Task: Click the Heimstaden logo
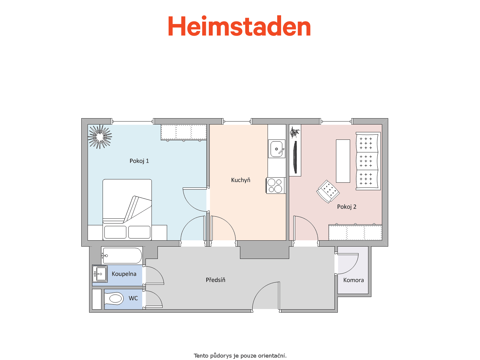point(239,26)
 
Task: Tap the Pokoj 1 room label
point(139,161)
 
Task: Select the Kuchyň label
point(241,180)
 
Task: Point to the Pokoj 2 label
point(346,207)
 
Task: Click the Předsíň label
point(215,280)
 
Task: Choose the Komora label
point(353,280)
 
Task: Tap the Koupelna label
point(124,274)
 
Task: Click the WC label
point(133,298)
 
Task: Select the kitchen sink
point(277,149)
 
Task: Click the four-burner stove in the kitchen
point(276,186)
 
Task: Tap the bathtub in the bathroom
point(122,256)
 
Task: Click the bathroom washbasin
point(100,274)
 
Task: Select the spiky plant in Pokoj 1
point(100,136)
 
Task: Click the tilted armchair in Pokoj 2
point(328,192)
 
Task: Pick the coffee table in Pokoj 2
point(343,161)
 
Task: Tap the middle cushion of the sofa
point(367,161)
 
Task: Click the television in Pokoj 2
point(295,157)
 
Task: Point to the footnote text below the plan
point(240,355)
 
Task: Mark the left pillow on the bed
point(115,232)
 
